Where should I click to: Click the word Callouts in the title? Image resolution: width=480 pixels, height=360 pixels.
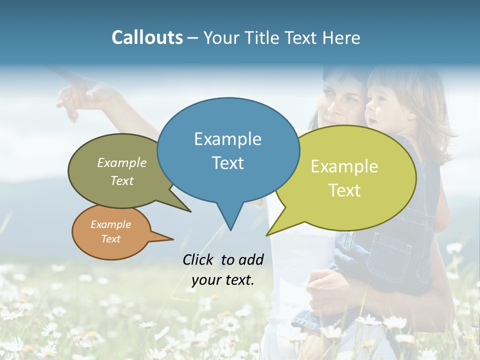(x=147, y=37)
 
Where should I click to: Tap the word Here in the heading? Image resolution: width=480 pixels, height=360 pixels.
(x=341, y=37)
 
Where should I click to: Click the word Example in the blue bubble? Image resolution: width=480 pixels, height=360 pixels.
(x=227, y=139)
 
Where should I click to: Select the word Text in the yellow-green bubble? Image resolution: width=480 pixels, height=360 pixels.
(x=344, y=190)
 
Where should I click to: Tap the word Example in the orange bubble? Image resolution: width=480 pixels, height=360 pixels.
(x=110, y=224)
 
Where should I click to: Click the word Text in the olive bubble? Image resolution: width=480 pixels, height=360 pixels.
(x=122, y=181)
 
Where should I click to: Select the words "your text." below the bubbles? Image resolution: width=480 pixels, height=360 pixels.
(x=222, y=280)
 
